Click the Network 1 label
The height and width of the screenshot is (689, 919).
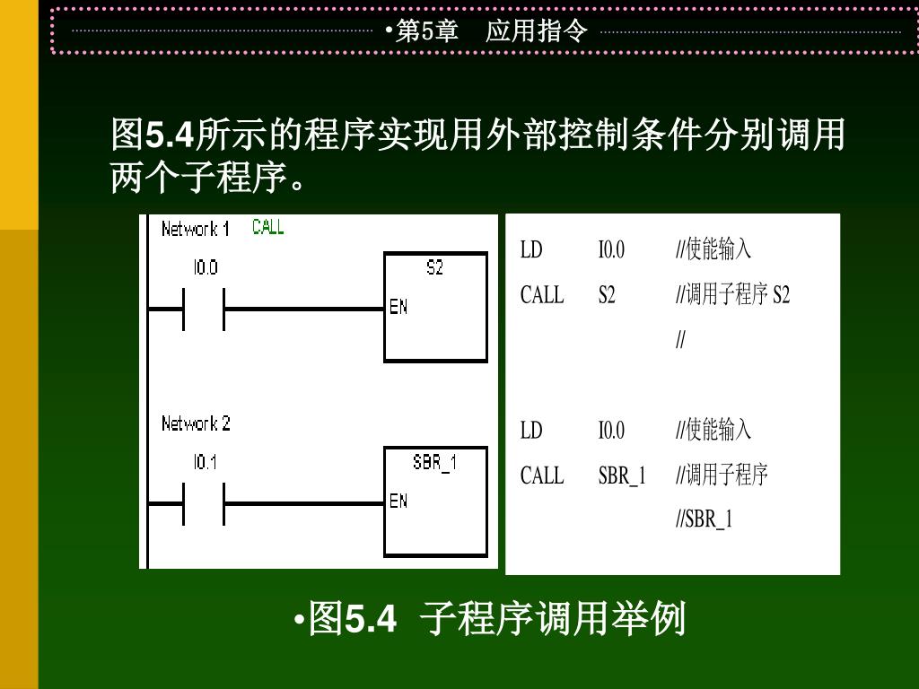(195, 229)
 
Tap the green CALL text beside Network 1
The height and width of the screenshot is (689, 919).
(268, 227)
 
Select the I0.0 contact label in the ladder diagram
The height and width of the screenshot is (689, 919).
(205, 267)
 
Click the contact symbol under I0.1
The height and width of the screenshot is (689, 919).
(205, 504)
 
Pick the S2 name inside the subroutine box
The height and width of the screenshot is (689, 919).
(434, 267)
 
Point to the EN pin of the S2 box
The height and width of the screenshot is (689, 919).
(398, 307)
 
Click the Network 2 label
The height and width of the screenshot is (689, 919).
(196, 423)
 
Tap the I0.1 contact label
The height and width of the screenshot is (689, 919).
(205, 463)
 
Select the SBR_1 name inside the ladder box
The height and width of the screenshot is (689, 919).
(434, 463)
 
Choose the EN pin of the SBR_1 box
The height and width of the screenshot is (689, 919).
(398, 501)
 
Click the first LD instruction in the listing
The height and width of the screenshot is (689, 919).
(531, 249)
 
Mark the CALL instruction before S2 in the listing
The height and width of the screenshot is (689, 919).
(542, 295)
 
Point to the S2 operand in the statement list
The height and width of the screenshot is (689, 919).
(607, 295)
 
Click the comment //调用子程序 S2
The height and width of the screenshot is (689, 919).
(732, 295)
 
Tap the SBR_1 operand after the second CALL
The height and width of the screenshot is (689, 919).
(622, 475)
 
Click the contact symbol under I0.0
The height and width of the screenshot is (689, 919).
(205, 309)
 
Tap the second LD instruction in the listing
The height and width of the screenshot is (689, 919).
(531, 430)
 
